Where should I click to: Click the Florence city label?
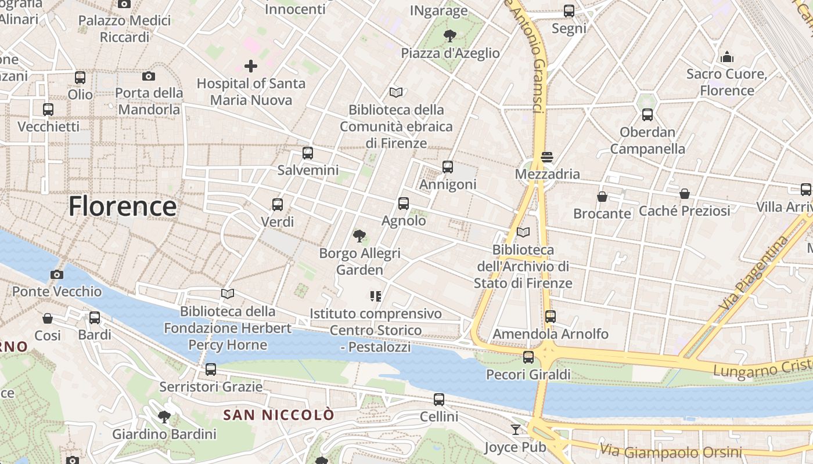click(x=123, y=206)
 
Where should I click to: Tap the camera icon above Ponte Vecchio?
click(x=57, y=274)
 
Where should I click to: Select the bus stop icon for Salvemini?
click(x=308, y=153)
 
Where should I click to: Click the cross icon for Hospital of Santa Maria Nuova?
click(x=251, y=66)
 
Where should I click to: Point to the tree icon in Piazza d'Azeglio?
click(x=449, y=36)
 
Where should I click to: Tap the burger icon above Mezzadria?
click(x=546, y=157)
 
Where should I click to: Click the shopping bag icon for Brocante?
click(x=602, y=197)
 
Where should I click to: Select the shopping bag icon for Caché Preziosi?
click(x=685, y=194)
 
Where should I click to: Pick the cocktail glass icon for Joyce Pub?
click(x=515, y=430)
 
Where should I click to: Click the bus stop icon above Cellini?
click(x=439, y=399)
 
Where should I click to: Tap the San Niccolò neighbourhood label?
click(x=279, y=415)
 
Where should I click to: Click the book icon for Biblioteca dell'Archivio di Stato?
click(x=523, y=232)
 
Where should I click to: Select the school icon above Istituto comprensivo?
click(x=375, y=296)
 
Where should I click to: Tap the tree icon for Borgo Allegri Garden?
click(x=359, y=235)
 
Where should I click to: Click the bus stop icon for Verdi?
click(x=278, y=204)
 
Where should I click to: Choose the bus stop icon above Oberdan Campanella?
click(x=647, y=115)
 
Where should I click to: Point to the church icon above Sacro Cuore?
click(x=726, y=57)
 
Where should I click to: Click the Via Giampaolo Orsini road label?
click(x=671, y=451)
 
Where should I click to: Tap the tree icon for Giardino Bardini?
click(x=164, y=416)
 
